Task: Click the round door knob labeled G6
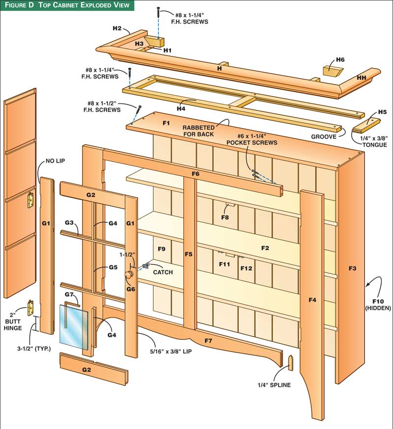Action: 129,274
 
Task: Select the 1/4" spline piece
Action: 290,363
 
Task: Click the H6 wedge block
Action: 332,70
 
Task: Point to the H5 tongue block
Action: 366,126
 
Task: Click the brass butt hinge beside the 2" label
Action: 30,308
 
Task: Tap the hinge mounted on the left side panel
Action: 30,200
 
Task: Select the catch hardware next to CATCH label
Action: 145,266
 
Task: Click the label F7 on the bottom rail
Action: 208,341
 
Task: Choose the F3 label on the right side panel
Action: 352,268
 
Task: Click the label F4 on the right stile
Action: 312,300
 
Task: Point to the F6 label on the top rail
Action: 196,174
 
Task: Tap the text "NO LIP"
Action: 56,161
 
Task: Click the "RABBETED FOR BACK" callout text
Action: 199,131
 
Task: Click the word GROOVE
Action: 324,136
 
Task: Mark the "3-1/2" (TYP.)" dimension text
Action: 34,349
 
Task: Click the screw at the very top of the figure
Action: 158,13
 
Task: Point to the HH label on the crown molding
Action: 362,78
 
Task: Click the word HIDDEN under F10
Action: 378,308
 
